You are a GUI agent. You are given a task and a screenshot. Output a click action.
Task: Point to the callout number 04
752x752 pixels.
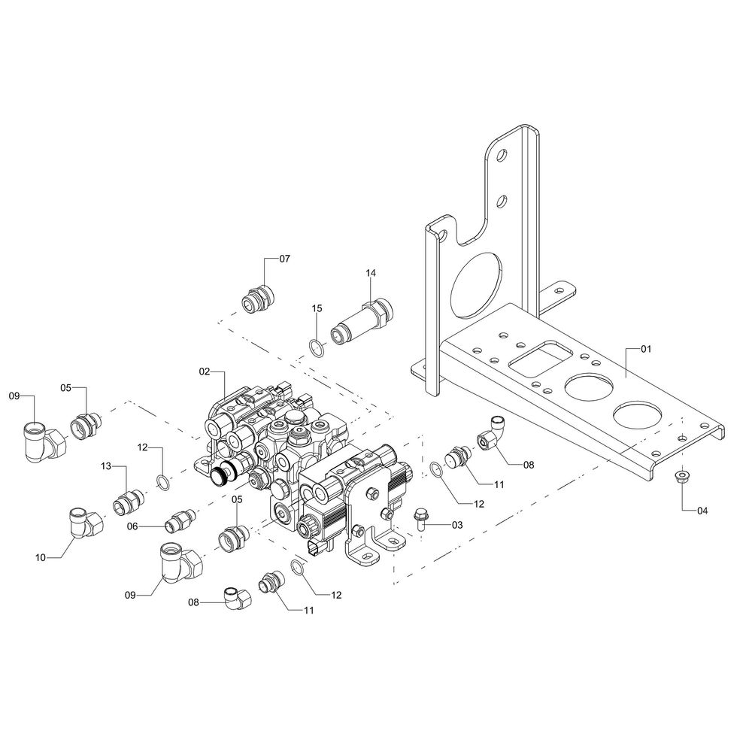click(x=702, y=511)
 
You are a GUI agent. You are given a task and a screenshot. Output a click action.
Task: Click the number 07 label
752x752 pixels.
click(x=284, y=259)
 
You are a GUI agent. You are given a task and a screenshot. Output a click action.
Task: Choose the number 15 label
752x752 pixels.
click(x=317, y=308)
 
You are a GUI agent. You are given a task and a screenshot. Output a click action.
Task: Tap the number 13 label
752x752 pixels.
click(x=107, y=467)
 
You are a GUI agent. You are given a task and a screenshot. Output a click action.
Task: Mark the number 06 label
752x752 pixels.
click(x=132, y=526)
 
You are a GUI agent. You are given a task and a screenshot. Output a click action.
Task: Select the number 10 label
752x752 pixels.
click(x=41, y=557)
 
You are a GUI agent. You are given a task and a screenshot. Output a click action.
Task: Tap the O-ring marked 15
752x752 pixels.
click(x=317, y=347)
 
